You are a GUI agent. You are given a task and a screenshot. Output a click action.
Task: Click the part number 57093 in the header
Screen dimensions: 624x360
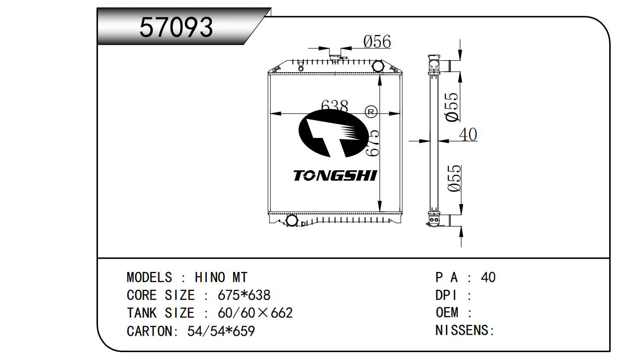tap(176, 27)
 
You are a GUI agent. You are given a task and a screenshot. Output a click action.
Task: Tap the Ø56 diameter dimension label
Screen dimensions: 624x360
tap(377, 42)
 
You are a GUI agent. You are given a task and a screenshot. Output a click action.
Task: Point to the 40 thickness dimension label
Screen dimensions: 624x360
tap(468, 135)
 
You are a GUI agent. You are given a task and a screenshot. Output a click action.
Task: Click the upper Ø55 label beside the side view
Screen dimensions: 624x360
tap(452, 107)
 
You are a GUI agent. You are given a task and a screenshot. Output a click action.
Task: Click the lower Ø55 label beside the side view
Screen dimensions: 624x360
tap(454, 178)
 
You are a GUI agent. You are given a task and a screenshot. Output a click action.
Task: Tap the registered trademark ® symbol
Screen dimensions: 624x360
tap(371, 112)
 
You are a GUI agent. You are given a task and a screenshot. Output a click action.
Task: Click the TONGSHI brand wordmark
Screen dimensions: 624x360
tap(335, 176)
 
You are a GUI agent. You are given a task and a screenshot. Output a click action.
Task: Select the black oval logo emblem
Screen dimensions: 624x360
tap(333, 133)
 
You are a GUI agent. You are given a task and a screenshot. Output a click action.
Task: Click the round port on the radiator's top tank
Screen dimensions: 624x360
tap(378, 66)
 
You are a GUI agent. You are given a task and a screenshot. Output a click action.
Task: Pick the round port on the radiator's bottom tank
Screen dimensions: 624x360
tap(292, 221)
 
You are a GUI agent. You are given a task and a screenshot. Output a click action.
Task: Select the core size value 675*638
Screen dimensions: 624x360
tap(244, 295)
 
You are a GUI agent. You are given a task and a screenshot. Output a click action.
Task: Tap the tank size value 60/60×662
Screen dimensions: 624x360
tap(255, 313)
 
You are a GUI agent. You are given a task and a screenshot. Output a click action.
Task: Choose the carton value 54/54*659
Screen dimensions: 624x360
tap(221, 331)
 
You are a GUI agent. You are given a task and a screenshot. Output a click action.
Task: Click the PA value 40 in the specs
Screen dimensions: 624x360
tap(488, 277)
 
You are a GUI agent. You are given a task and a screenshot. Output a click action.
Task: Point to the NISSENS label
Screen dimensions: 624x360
tap(462, 330)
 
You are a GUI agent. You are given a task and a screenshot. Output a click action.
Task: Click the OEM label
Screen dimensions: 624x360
tap(447, 313)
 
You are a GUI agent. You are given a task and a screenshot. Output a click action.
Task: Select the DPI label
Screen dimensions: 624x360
tap(446, 295)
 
